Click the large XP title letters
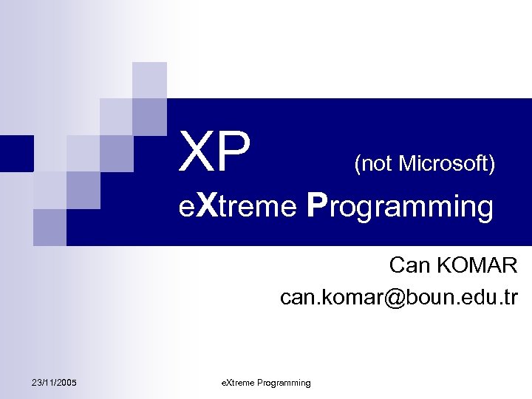pyautogui.click(x=215, y=153)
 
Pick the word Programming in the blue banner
pyautogui.click(x=400, y=208)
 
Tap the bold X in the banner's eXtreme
pyautogui.click(x=206, y=207)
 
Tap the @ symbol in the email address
pyautogui.click(x=383, y=298)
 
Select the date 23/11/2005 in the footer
pyautogui.click(x=55, y=382)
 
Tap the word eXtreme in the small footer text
pyautogui.click(x=236, y=383)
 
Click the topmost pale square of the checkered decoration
pyautogui.click(x=149, y=80)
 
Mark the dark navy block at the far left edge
pyautogui.click(x=16, y=153)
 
